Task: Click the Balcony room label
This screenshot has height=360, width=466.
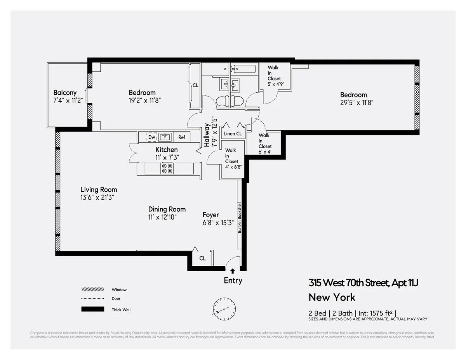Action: click(x=65, y=93)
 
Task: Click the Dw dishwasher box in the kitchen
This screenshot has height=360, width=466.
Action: click(x=151, y=137)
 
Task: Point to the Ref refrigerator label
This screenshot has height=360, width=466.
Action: click(x=182, y=137)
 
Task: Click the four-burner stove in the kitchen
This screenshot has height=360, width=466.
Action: click(x=167, y=168)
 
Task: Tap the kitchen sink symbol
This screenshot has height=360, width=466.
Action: click(x=166, y=137)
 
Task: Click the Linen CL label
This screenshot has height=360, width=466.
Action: click(x=233, y=134)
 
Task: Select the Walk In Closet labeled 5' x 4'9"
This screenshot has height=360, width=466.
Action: click(x=274, y=76)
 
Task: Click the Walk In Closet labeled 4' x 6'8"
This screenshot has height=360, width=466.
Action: click(x=231, y=158)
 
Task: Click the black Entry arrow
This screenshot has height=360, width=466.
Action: click(x=233, y=272)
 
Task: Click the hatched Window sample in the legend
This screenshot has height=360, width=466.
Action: click(x=93, y=289)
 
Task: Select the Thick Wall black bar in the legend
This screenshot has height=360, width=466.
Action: click(x=93, y=309)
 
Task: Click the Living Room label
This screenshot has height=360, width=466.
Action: click(x=99, y=190)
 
